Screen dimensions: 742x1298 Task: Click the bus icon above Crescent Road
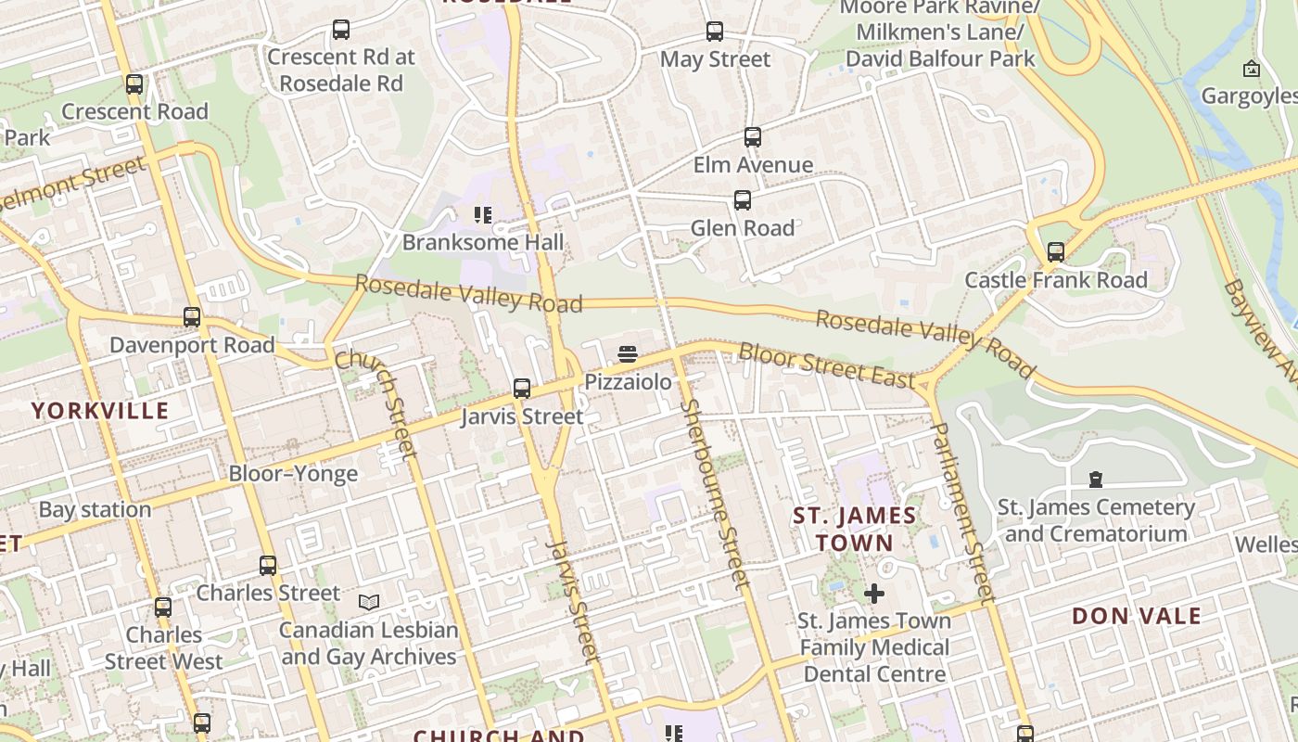[134, 84]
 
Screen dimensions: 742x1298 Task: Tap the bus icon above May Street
[715, 32]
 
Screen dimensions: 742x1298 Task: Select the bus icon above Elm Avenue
[753, 137]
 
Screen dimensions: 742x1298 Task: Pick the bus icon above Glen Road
[743, 200]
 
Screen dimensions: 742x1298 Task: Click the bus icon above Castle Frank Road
[1056, 252]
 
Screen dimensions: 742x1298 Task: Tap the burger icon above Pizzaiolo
[628, 354]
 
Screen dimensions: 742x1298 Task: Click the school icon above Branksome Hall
[483, 215]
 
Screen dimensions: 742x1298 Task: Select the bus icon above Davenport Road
[192, 317]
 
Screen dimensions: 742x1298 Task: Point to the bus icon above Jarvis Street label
[522, 389]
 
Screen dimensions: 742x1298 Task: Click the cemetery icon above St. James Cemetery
[1096, 480]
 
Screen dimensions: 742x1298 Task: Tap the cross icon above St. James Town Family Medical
[874, 593]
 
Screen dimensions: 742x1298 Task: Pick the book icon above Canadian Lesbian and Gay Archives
[369, 603]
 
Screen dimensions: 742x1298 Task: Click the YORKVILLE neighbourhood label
[101, 411]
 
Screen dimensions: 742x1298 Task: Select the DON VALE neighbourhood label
[1137, 616]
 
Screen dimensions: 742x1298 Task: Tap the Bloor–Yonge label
[293, 474]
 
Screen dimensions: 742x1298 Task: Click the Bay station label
[95, 509]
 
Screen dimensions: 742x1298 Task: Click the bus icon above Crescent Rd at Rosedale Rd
[341, 30]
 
